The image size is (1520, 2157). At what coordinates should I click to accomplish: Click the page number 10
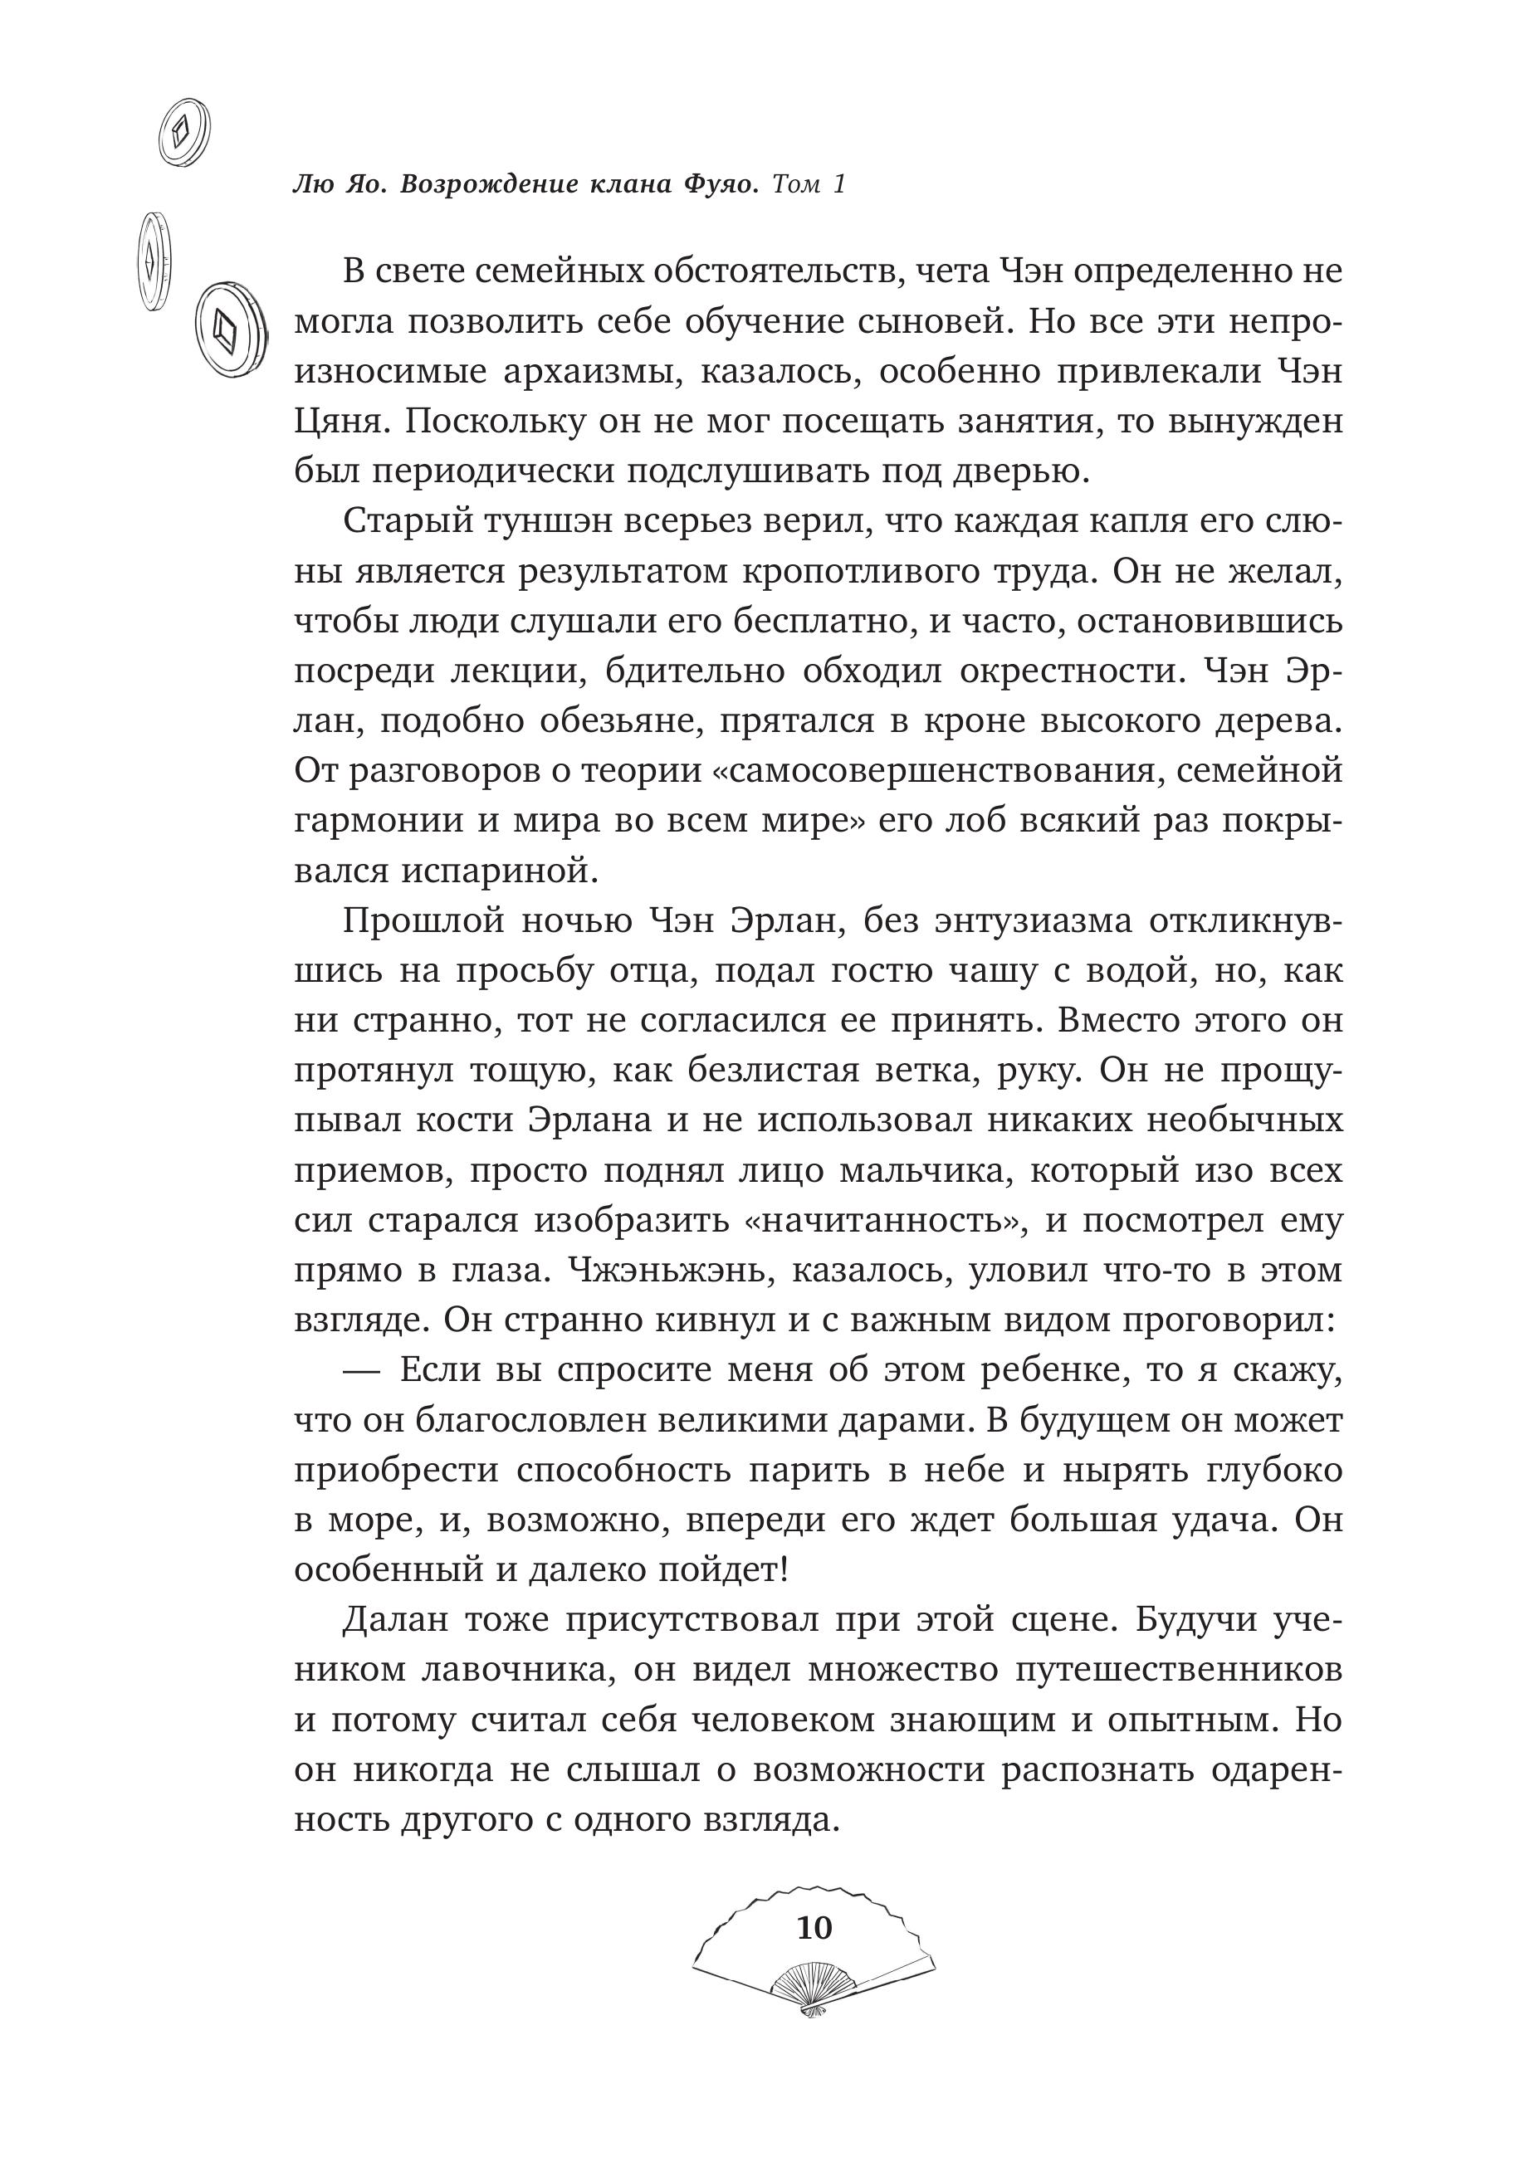coord(814,1927)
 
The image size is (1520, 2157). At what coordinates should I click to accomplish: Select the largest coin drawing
coord(229,329)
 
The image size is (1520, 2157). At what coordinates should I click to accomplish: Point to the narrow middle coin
coord(152,261)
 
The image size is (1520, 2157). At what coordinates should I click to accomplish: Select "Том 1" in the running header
coord(808,185)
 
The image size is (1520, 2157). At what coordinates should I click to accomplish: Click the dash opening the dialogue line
coord(362,1371)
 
